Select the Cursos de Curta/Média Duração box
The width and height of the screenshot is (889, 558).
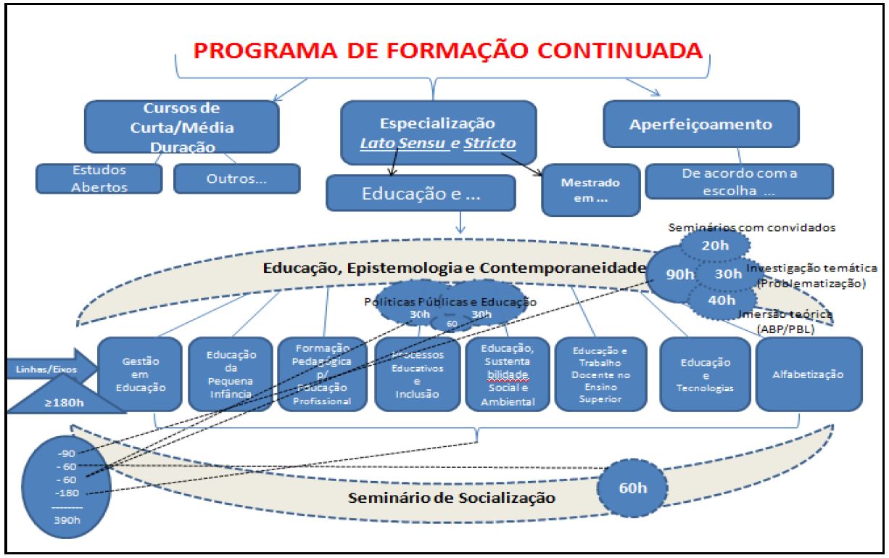pyautogui.click(x=182, y=127)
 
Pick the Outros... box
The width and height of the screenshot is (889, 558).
pyautogui.click(x=236, y=179)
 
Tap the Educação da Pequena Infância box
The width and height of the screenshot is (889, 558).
pyautogui.click(x=226, y=374)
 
